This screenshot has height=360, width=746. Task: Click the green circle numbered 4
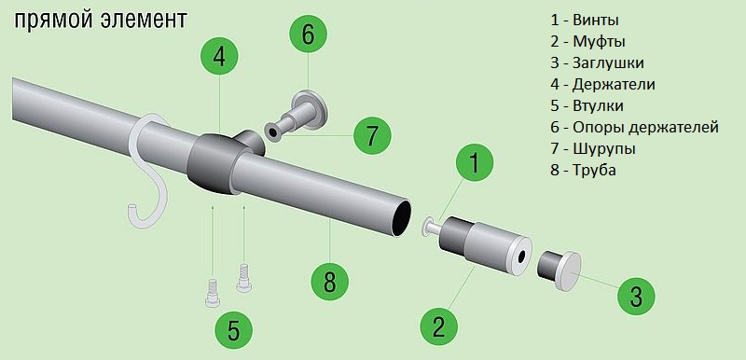(219, 57)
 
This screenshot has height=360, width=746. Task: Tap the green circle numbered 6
(309, 35)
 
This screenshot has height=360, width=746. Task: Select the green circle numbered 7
(371, 136)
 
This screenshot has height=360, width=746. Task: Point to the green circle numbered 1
(475, 163)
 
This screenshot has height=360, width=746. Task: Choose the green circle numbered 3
(636, 298)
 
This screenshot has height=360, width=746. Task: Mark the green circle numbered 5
(233, 330)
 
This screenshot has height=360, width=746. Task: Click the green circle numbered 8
(330, 283)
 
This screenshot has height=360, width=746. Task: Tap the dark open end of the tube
(401, 217)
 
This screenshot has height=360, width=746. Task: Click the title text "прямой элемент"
(101, 21)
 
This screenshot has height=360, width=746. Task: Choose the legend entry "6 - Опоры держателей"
(634, 128)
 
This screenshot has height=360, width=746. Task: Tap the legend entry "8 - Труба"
(584, 171)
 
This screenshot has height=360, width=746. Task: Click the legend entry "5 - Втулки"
(587, 105)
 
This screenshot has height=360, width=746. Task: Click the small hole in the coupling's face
(522, 256)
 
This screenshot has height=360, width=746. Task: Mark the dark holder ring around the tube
(214, 162)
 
